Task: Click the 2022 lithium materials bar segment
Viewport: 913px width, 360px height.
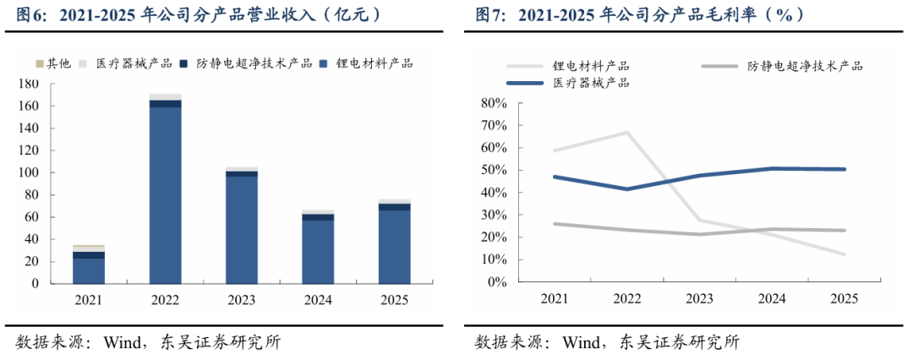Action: click(x=166, y=195)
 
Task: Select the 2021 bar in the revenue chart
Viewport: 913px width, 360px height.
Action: click(x=89, y=265)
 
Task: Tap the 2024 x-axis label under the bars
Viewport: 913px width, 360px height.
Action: click(x=318, y=300)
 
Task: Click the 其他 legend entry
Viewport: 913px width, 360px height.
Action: click(x=53, y=63)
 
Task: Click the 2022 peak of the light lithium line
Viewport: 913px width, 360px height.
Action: click(x=626, y=132)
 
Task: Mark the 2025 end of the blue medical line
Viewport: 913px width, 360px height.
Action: click(x=844, y=170)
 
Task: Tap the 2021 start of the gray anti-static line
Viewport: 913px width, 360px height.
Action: click(x=555, y=224)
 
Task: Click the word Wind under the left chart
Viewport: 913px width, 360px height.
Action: click(x=119, y=342)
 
